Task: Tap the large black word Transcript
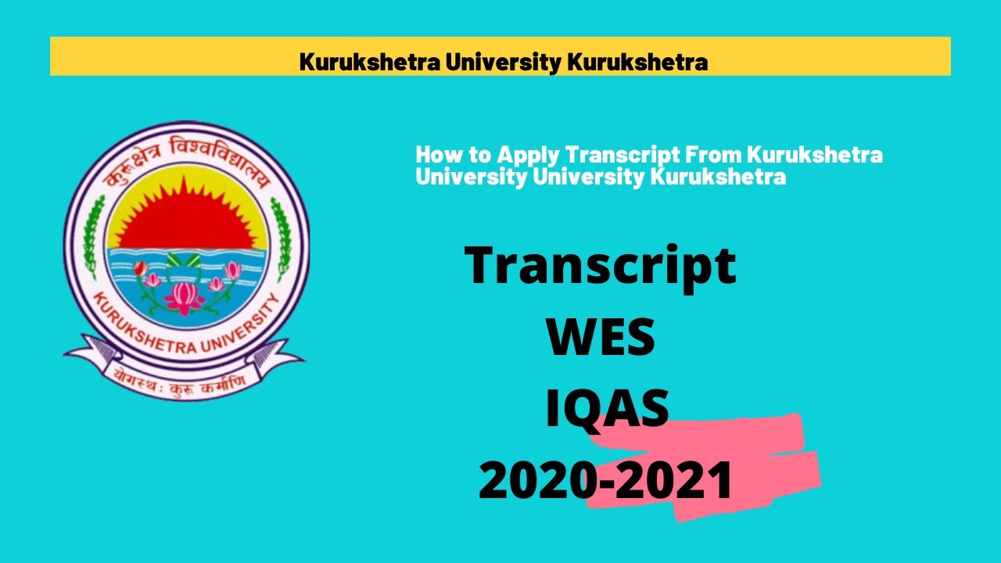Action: [601, 266]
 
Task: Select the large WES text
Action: [601, 338]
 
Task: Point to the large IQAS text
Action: [607, 410]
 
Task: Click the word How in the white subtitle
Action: [435, 155]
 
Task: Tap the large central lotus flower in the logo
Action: [185, 295]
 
